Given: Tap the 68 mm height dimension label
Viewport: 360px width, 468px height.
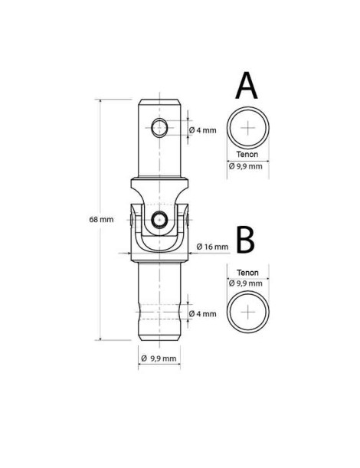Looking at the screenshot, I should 101,220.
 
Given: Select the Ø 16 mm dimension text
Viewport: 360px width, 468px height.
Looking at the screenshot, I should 212,247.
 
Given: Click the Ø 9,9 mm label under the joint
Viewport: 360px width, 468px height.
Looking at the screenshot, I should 159,358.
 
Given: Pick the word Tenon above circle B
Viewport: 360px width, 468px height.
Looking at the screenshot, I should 247,272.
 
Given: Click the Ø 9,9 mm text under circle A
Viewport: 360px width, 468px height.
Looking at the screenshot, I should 245,165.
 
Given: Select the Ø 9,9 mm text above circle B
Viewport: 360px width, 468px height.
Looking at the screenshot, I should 245,283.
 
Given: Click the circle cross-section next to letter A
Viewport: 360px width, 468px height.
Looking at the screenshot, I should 248,127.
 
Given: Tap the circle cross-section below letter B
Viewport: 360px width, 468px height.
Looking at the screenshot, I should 248,313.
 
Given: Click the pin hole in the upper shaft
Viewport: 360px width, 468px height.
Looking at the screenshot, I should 159,126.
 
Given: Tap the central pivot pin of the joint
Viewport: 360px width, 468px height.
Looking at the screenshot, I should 158,220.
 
